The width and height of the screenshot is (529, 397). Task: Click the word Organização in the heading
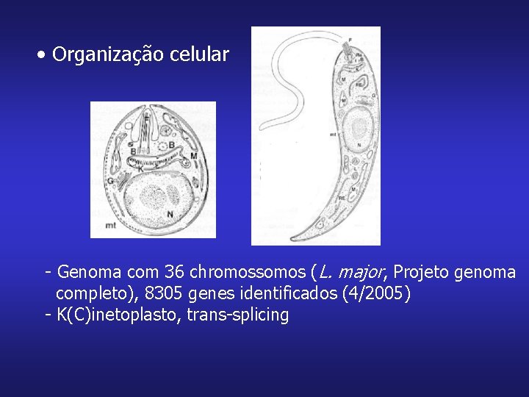[x=109, y=55]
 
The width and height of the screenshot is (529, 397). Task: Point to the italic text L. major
[x=351, y=273]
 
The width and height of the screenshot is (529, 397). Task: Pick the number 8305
[x=164, y=294]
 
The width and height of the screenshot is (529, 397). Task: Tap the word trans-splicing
[x=237, y=315]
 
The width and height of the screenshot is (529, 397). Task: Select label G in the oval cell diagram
[x=109, y=180]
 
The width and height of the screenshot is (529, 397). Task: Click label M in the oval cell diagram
[x=193, y=156]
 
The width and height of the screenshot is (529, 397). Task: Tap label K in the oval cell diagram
[x=140, y=169]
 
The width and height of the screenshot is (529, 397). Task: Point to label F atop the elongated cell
[x=349, y=37]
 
